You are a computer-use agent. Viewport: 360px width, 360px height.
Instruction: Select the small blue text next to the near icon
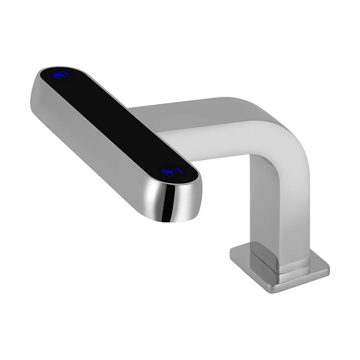point(181,169)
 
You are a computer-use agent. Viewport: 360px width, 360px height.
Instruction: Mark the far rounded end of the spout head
point(41,79)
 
